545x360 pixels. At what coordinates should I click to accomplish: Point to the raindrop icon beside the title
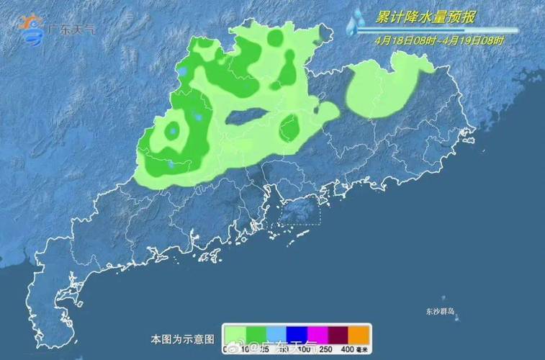354,22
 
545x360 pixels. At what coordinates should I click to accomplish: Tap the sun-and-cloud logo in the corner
31,30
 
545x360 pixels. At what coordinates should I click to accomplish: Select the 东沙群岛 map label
441,312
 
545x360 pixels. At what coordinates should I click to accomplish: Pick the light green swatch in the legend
234,334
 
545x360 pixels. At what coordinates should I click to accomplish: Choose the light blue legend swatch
276,334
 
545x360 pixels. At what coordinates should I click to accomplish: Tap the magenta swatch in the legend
317,334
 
